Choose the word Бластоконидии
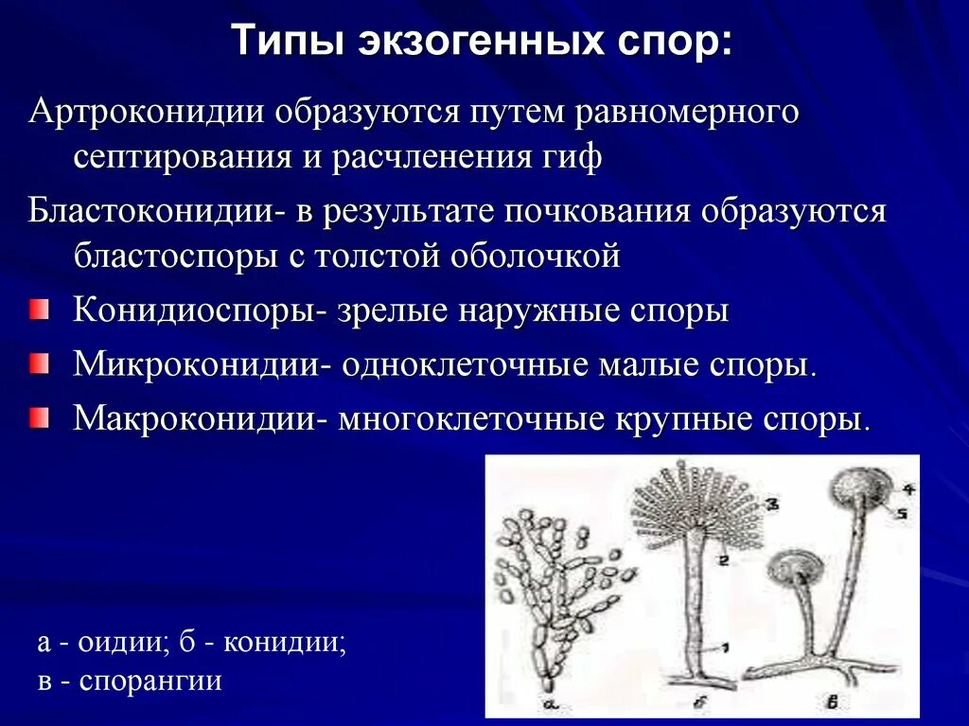150,211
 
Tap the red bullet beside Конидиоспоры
38,310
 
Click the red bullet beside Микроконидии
38,363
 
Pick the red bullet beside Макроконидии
38,417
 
